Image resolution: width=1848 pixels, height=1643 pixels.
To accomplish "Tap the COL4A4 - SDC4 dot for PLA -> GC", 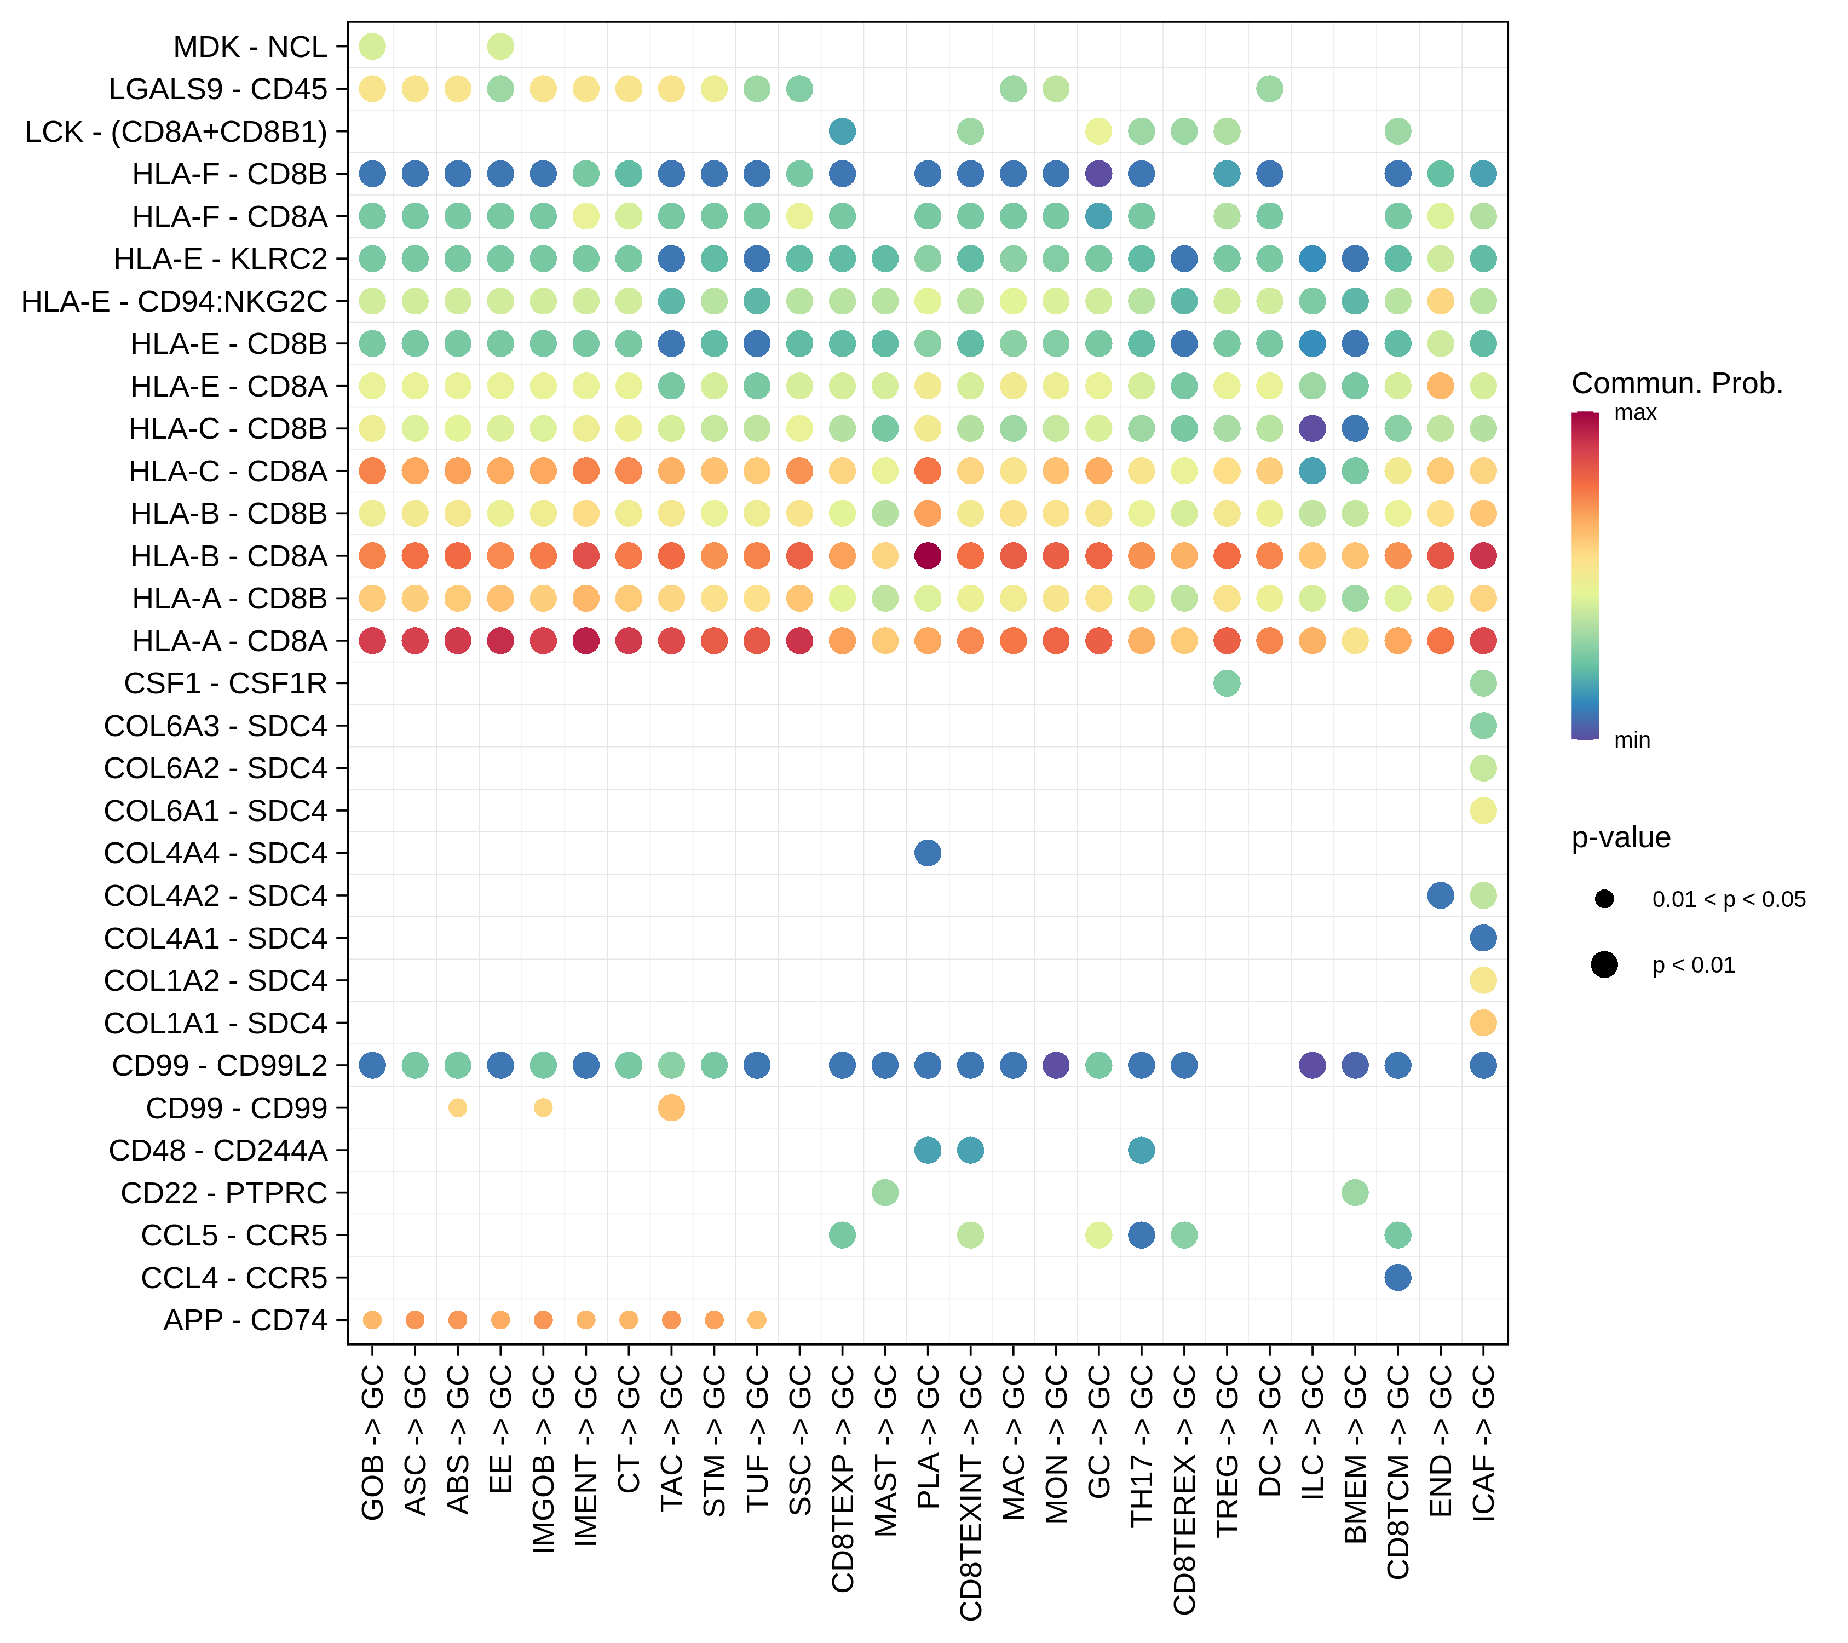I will click(928, 853).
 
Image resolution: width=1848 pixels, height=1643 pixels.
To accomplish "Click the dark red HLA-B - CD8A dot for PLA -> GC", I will click(928, 555).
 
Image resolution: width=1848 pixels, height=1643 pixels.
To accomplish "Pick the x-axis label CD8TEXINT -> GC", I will click(970, 1492).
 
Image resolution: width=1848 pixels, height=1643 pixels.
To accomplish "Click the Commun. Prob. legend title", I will click(1677, 383).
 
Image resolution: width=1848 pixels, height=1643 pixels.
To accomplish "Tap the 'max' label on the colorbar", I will click(1636, 413).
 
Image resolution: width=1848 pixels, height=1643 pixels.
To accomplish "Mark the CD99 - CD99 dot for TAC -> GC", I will click(671, 1108).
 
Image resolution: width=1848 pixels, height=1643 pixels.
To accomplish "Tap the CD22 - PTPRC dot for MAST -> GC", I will click(885, 1193).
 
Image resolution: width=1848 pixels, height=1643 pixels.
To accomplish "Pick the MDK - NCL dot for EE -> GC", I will click(501, 46).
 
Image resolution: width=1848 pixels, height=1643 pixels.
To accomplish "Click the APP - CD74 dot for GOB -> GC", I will click(372, 1320).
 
